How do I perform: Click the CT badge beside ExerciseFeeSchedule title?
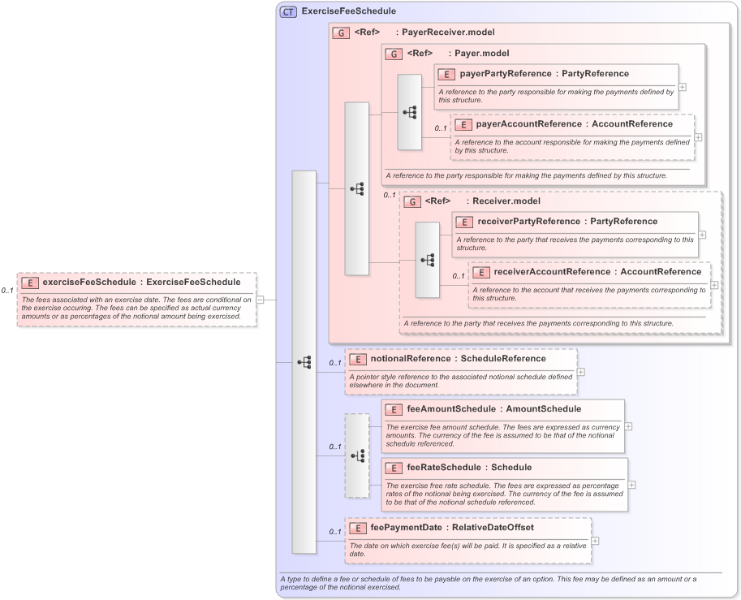click(288, 12)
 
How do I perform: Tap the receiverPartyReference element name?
click(528, 221)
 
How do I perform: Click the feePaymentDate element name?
click(406, 527)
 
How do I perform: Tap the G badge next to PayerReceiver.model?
click(341, 33)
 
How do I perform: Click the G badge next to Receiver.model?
click(412, 201)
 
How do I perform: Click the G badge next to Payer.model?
click(394, 54)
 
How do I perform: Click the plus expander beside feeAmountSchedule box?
click(629, 426)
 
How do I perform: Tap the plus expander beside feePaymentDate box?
click(596, 541)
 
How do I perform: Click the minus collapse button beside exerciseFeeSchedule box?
click(260, 300)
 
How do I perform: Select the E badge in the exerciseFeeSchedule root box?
click(29, 283)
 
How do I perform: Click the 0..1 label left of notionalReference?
click(335, 363)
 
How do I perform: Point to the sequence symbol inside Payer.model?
click(409, 112)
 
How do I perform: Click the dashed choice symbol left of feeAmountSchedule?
click(356, 455)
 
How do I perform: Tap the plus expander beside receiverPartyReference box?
click(702, 235)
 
